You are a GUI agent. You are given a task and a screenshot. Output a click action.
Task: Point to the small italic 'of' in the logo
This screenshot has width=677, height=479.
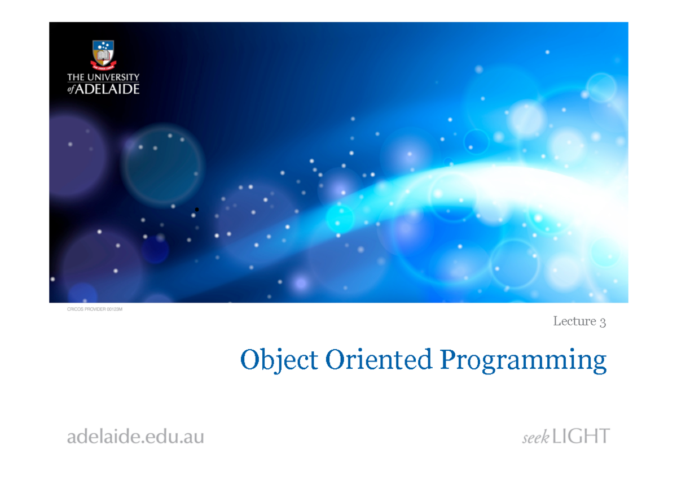71,90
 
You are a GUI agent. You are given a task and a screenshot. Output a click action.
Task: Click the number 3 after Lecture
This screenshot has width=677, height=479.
603,322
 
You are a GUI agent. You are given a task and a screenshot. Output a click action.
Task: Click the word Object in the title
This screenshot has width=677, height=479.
279,360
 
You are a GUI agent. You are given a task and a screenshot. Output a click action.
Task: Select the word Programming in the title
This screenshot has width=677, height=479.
524,362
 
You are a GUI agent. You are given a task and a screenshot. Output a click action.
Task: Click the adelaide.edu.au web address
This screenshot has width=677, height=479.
135,437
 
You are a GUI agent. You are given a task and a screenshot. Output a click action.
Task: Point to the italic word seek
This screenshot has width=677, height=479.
535,438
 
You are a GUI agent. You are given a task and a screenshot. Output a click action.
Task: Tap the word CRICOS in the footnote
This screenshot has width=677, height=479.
76,308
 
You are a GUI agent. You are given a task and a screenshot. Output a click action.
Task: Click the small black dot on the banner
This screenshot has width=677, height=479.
197,210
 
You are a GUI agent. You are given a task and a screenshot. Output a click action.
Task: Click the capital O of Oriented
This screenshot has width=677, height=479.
335,360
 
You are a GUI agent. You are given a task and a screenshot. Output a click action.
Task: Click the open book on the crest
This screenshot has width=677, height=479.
103,56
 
